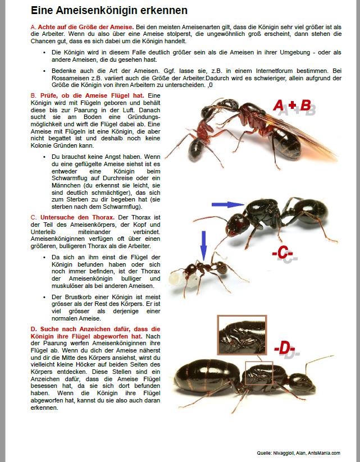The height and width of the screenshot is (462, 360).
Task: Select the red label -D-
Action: pos(284,349)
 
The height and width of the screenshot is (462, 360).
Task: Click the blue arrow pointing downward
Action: pos(203,245)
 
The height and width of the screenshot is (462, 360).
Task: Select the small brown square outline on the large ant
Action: pos(258,373)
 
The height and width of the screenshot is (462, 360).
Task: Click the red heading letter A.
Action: pos(33,27)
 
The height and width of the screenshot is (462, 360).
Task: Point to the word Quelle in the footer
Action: pos(263,453)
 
